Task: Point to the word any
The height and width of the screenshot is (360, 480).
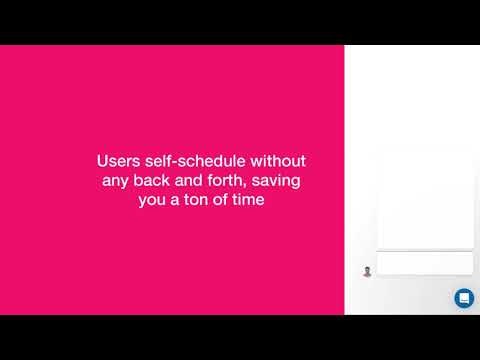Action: (x=117, y=180)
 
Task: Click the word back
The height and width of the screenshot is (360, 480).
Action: (x=154, y=180)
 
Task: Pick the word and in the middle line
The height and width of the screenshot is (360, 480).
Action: (x=194, y=180)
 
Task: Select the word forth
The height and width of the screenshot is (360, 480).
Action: (x=233, y=180)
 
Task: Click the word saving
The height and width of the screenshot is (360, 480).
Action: (x=283, y=180)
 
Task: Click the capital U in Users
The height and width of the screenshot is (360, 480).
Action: (x=102, y=160)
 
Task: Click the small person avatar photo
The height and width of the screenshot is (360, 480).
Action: (x=367, y=271)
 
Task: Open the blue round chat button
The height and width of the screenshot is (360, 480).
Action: (x=464, y=298)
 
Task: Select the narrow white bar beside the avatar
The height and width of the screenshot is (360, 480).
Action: (x=424, y=264)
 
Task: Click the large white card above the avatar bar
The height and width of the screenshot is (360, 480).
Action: (x=424, y=200)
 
